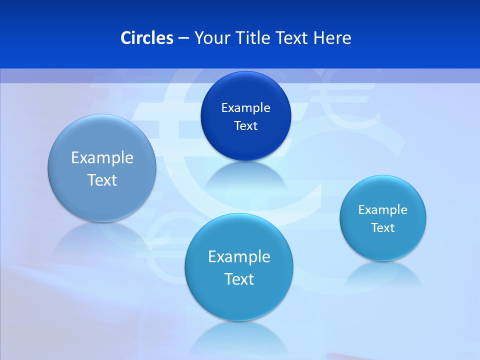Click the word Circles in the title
click(147, 38)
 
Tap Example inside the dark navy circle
click(245, 107)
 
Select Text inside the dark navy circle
click(245, 125)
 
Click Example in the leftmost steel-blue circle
click(102, 157)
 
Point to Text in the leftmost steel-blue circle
click(102, 180)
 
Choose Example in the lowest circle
click(239, 256)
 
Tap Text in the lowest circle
click(239, 279)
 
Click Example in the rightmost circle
click(382, 209)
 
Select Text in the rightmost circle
click(382, 227)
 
